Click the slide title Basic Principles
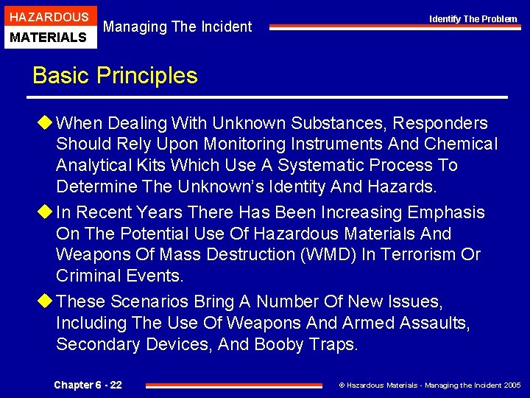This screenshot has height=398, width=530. click(115, 76)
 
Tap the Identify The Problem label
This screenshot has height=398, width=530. click(473, 18)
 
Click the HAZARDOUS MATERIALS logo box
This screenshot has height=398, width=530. click(49, 26)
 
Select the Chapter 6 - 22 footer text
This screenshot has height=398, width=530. click(88, 385)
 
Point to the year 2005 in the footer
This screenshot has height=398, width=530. click(510, 385)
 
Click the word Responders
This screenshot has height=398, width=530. click(445, 122)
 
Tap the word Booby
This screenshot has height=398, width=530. click(280, 344)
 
